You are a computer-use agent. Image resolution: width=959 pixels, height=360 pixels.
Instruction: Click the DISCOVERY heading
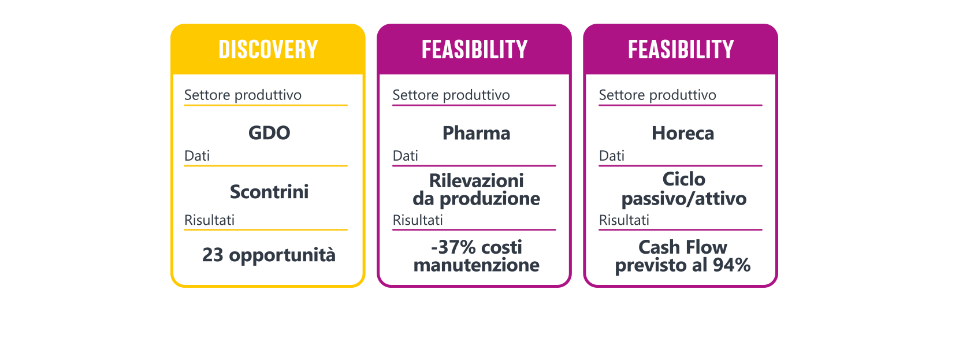[268, 50]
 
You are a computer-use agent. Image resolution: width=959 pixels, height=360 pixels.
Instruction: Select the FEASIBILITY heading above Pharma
[474, 50]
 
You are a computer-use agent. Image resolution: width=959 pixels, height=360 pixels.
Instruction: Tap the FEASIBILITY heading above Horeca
[681, 50]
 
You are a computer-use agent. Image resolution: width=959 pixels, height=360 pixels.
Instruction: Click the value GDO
[269, 133]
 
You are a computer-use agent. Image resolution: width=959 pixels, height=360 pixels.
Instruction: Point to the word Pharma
[476, 133]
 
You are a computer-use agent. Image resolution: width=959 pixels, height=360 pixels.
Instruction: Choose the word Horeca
[683, 133]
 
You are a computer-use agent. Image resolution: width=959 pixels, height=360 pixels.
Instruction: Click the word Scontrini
[269, 192]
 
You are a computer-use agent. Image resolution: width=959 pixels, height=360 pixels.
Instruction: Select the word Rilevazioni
[476, 181]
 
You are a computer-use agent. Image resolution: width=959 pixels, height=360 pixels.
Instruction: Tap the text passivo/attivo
[683, 199]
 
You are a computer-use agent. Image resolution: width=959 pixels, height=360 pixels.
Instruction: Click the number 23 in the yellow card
[213, 255]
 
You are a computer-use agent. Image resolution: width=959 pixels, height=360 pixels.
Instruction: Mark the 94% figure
[731, 265]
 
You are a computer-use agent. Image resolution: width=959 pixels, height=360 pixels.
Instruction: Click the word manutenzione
[477, 265]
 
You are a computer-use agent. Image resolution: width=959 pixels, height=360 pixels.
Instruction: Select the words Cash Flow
[682, 247]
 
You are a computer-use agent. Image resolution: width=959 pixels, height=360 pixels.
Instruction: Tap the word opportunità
[282, 255]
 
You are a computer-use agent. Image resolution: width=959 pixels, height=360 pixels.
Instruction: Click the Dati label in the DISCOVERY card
[197, 156]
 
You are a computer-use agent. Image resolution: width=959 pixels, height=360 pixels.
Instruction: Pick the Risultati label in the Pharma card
[418, 220]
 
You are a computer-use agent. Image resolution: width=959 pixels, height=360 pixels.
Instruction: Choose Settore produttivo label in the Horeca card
[657, 95]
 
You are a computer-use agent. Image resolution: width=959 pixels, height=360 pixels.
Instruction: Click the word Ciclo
[683, 180]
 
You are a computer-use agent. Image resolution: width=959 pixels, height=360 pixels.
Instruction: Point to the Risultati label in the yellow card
[209, 220]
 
